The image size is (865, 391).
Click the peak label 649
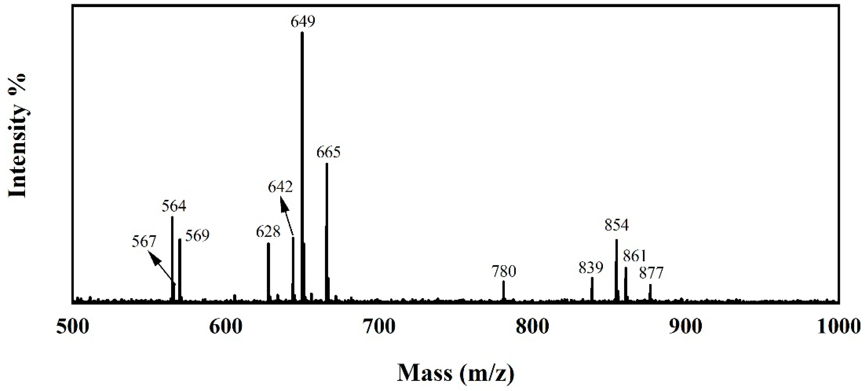(303, 22)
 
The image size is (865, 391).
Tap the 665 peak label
(328, 152)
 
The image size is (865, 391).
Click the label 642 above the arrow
(280, 186)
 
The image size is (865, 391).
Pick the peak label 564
(174, 206)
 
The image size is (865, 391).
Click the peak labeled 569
(180, 269)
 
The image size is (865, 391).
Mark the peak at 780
(503, 290)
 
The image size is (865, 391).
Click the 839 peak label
(591, 268)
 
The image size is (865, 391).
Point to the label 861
(635, 256)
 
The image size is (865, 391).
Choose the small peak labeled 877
(650, 292)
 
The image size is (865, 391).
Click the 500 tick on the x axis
(73, 326)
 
